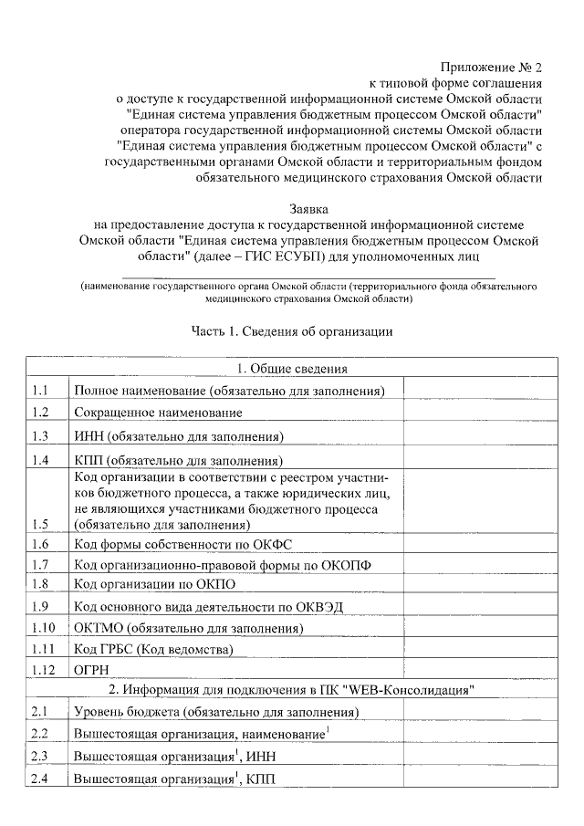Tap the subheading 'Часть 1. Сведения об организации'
click(x=292, y=331)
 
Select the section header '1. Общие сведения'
click(x=292, y=369)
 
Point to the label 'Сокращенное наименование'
click(x=151, y=413)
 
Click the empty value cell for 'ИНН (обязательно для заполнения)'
click(x=480, y=435)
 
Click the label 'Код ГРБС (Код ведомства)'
click(x=153, y=649)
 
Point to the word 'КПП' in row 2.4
click(x=259, y=779)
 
